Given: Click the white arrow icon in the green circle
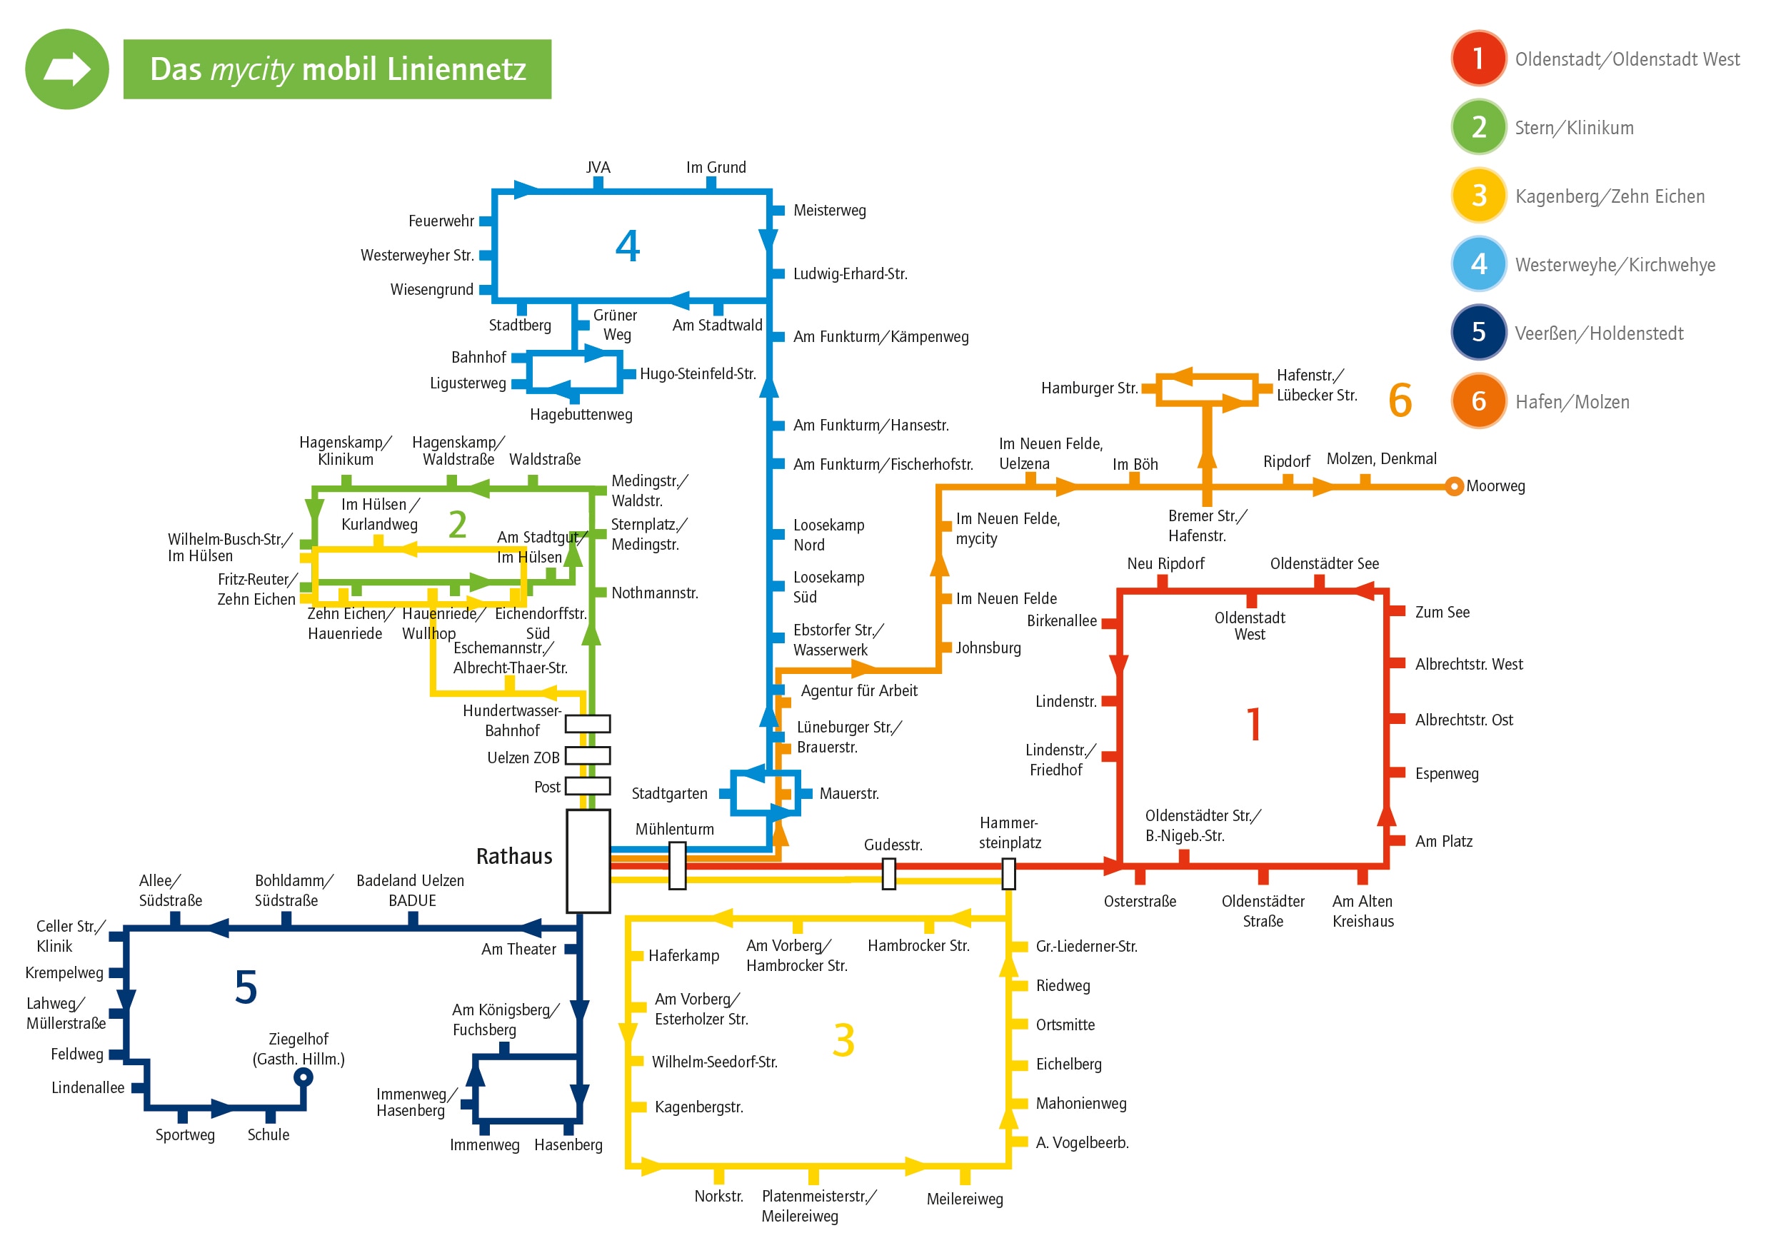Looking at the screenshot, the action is [x=67, y=69].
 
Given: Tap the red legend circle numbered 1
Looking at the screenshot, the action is [x=1478, y=58].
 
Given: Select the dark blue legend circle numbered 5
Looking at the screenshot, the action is [x=1478, y=333].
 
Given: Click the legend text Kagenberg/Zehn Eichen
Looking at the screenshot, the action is [x=1609, y=196].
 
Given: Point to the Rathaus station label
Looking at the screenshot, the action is [x=513, y=856].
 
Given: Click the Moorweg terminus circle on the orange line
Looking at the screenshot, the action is [x=1453, y=487].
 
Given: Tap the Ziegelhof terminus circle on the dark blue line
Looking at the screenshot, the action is [x=304, y=1077].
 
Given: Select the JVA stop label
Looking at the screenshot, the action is [x=598, y=167].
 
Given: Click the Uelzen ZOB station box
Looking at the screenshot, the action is [x=588, y=755].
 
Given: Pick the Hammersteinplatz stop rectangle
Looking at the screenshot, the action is [x=1008, y=874].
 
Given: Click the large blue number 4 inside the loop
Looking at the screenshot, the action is [x=627, y=246].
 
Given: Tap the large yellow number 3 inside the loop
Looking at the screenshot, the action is [x=843, y=1040].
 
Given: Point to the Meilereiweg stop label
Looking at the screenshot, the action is [x=964, y=1199].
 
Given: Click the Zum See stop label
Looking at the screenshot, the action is [x=1442, y=613].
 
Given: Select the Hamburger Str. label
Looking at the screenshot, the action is [x=1089, y=388].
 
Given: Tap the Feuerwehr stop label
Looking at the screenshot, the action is [x=441, y=221].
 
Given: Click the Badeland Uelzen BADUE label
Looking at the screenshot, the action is [x=411, y=891].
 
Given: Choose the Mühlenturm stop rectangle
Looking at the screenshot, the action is [x=677, y=865].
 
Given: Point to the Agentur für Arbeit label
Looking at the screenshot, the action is [x=858, y=691].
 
